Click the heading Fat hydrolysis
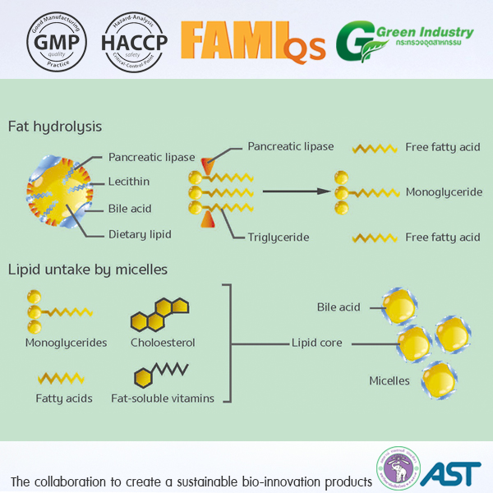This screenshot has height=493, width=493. tap(55, 127)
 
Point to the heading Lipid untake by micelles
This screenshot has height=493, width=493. tap(88, 269)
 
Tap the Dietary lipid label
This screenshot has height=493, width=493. tap(140, 234)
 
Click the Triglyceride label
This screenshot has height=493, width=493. tap(279, 237)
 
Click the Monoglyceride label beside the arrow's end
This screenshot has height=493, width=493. tap(443, 192)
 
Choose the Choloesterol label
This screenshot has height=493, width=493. tap(163, 343)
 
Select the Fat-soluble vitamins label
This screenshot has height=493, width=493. tap(163, 399)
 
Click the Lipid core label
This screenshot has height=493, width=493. tap(317, 343)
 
